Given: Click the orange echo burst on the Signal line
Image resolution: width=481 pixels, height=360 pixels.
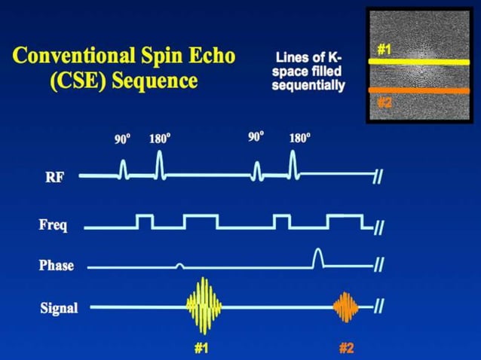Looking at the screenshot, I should click(345, 306).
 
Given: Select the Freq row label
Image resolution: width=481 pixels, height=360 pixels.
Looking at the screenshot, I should click(55, 224).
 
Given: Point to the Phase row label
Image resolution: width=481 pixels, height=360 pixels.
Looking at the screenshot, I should click(57, 265).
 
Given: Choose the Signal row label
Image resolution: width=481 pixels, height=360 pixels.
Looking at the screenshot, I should click(59, 307).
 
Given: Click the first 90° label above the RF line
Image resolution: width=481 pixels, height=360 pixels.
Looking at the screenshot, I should click(123, 139).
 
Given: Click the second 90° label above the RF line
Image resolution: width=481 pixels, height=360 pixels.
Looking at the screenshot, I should click(256, 136).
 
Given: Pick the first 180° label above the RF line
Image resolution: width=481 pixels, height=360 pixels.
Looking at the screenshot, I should click(159, 139).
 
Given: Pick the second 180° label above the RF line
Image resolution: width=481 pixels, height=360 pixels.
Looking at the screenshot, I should click(299, 139).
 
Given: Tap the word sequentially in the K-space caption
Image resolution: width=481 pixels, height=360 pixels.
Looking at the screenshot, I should click(308, 86).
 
